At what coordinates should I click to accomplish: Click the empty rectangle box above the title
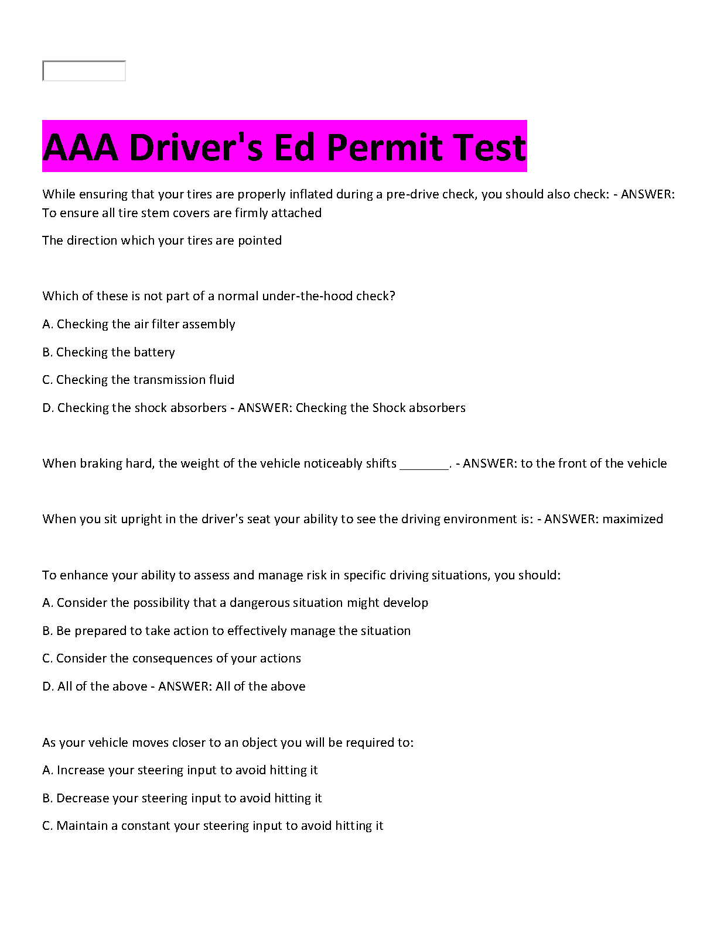[84, 71]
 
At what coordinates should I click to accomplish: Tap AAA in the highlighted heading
[80, 147]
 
